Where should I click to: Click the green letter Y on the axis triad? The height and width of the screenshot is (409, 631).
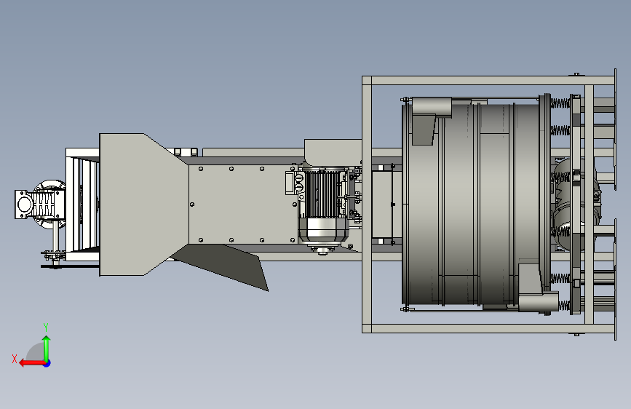pyautogui.click(x=46, y=327)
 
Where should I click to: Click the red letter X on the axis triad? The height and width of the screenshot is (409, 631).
pyautogui.click(x=15, y=359)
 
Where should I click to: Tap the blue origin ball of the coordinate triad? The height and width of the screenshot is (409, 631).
pyautogui.click(x=47, y=363)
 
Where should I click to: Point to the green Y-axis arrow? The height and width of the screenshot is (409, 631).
pyautogui.click(x=47, y=348)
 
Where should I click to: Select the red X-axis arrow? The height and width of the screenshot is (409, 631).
pyautogui.click(x=32, y=363)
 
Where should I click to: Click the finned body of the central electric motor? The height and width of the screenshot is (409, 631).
pyautogui.click(x=322, y=194)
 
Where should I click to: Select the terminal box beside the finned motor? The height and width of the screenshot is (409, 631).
pyautogui.click(x=290, y=183)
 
